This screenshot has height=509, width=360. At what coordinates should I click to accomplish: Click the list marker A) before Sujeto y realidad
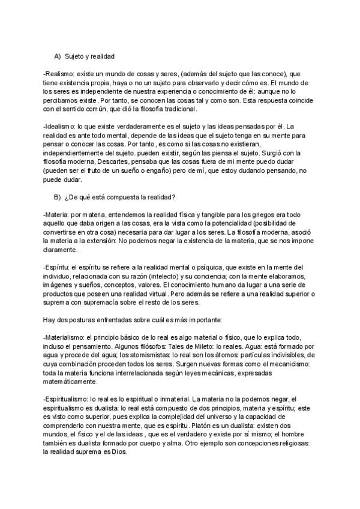(58, 56)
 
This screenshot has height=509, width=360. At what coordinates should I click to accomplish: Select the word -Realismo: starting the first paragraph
(59, 74)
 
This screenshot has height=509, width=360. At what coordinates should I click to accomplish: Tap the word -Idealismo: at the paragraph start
(60, 127)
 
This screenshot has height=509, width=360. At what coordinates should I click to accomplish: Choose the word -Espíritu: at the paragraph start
(58, 266)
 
